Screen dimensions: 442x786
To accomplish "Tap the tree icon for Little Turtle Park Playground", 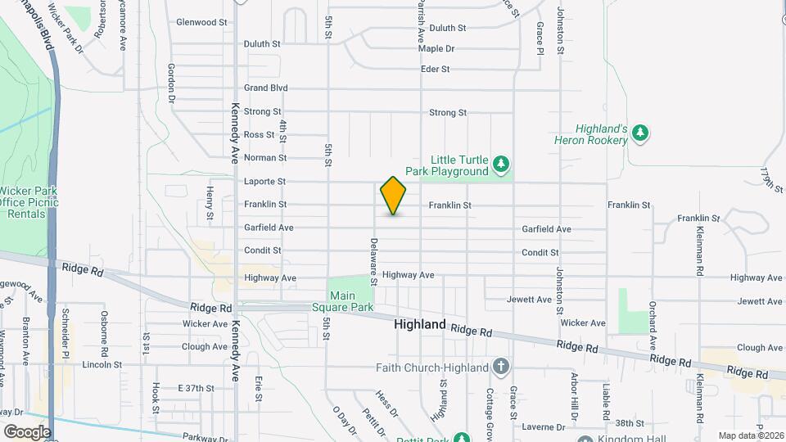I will point(501,165).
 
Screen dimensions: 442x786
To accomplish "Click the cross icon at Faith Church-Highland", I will point(501,368).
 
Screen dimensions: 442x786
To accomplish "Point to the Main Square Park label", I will point(351,301).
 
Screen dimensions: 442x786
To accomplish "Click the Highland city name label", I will point(420,325).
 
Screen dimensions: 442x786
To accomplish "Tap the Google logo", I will point(27,431).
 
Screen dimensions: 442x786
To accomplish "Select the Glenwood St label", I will point(201,23).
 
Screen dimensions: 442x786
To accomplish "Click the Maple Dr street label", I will point(436,48).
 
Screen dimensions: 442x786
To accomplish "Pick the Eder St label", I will point(435,70).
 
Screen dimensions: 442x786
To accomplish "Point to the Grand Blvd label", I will point(266,88).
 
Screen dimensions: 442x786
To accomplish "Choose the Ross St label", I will point(259,134).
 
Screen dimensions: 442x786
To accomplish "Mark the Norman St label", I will point(264,157).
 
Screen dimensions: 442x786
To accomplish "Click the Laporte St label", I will point(264,181).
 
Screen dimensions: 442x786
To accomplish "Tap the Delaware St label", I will point(373,261).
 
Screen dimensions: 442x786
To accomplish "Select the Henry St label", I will point(210,203).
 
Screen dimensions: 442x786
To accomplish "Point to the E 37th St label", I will point(195,388).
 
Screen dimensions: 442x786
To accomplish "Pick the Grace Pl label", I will point(540,38).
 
